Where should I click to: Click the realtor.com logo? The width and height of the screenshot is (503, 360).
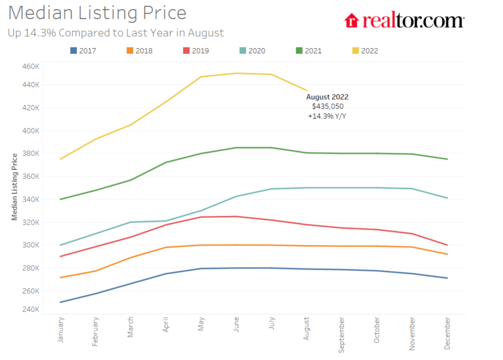pos(404,21)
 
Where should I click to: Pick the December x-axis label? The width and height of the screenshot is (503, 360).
pos(447,333)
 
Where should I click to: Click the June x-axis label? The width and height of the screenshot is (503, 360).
pos(236,326)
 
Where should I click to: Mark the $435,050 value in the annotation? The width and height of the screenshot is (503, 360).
pos(327,106)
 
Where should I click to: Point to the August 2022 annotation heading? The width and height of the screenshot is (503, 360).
pos(327,97)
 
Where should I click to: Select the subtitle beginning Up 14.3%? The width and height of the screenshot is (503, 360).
pos(116,33)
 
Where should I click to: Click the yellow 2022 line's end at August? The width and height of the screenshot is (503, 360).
pos(307,90)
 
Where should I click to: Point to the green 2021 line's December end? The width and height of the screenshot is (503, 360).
pos(447,159)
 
